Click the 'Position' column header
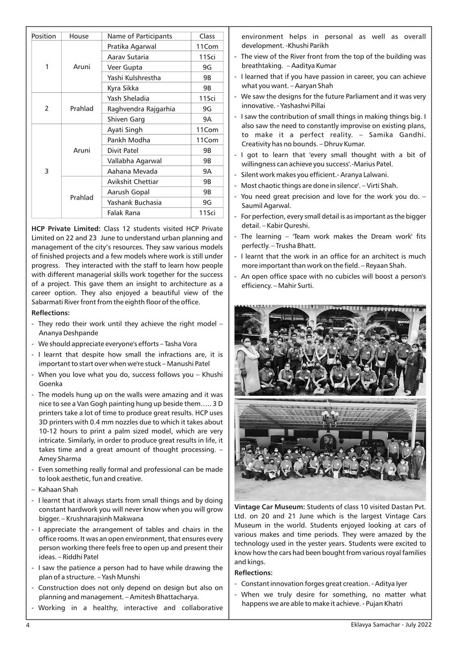click(x=44, y=36)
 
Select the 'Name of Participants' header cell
click(x=139, y=36)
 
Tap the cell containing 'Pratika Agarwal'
click(x=132, y=47)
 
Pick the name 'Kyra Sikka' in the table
click(x=123, y=88)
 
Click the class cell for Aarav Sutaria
click(x=207, y=57)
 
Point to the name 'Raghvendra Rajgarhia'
click(x=141, y=109)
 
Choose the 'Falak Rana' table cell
click(x=124, y=213)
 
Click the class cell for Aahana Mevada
click(x=207, y=171)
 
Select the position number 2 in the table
click(x=47, y=109)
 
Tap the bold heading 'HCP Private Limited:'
click(x=66, y=229)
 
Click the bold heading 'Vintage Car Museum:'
click(x=270, y=507)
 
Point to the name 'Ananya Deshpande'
click(x=69, y=333)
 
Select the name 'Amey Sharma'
click(x=60, y=459)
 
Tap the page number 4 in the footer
click(x=28, y=625)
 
